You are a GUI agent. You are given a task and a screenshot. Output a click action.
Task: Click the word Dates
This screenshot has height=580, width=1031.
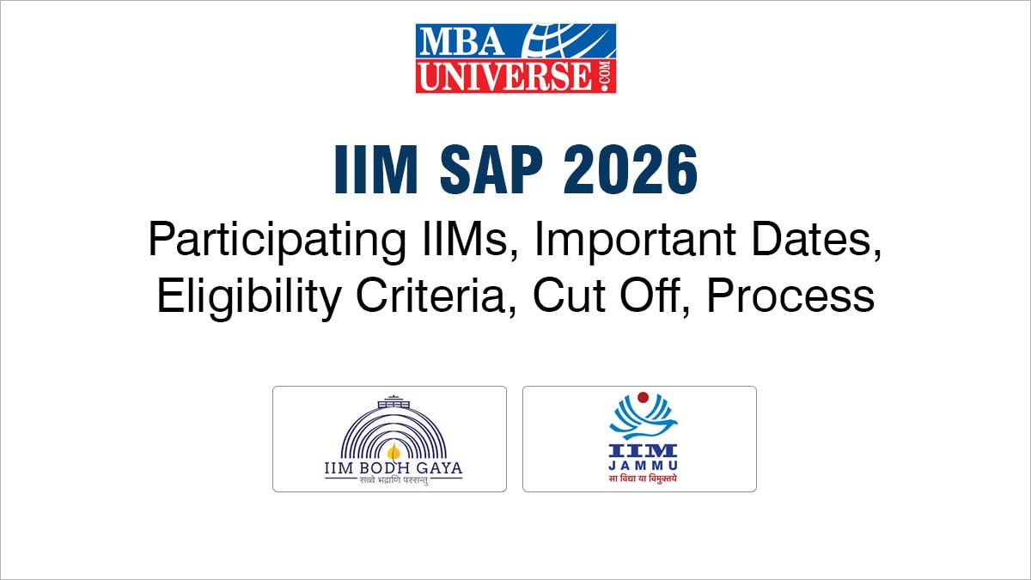(x=820, y=242)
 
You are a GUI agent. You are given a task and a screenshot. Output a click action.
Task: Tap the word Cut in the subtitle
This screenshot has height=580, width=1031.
(x=564, y=296)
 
